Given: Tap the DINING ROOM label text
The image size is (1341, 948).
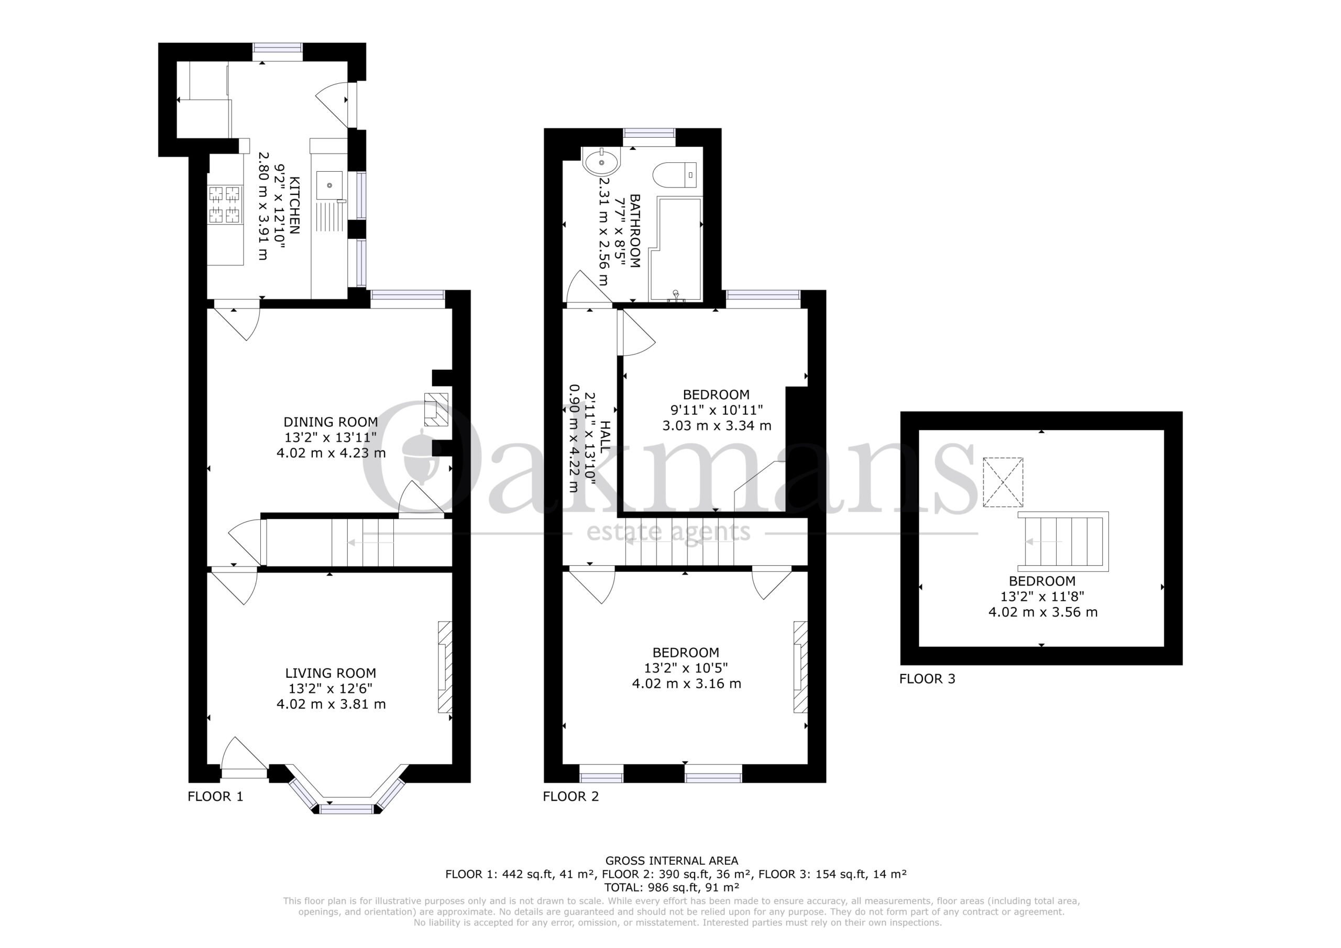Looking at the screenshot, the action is pos(331,422).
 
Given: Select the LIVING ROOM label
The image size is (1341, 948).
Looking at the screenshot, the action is pos(331,673).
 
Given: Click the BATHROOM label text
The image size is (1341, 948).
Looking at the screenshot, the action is pos(635,231).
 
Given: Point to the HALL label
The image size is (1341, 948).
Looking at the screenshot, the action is pos(604,436).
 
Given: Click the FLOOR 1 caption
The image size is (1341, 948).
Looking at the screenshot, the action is pos(215,796).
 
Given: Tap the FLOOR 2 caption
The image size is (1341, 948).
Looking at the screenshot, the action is pos(570,796).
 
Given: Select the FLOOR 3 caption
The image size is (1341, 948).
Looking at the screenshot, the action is pos(927,679).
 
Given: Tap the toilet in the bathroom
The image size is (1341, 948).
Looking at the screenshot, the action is pos(675,174).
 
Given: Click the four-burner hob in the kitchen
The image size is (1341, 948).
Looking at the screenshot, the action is pos(225,204).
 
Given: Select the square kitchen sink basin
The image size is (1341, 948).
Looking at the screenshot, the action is pos(330,185).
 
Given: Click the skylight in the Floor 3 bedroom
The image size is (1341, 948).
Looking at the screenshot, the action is pos(1003,482).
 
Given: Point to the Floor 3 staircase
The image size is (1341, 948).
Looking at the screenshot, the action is pos(1063,542).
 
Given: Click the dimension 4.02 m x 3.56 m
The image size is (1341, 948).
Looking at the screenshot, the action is pos(1042,612).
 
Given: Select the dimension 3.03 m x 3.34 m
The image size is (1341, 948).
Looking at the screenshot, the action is pos(717,425).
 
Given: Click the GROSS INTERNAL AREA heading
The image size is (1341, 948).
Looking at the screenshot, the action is pos(672,861).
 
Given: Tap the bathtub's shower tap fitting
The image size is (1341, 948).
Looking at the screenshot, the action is pos(676,295).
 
